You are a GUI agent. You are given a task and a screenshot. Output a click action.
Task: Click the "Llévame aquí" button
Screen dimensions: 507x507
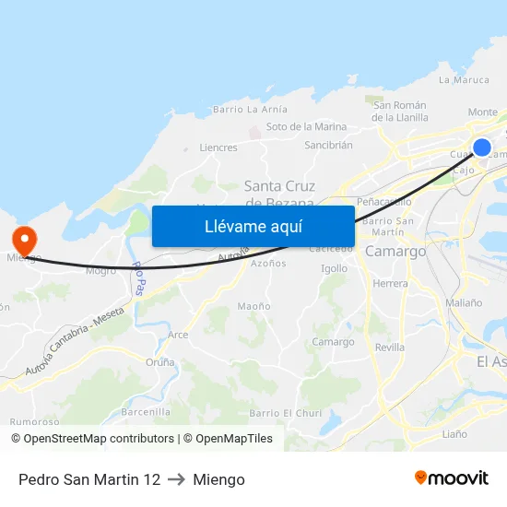pos(253,226)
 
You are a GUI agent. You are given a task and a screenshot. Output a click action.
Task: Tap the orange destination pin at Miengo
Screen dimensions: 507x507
pos(23,241)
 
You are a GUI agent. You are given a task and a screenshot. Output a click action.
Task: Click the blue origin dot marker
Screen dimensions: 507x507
pos(481,147)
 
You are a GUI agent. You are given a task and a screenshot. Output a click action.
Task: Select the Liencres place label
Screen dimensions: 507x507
pos(218,147)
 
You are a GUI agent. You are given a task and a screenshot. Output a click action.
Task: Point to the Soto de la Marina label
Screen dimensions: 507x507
pos(306,127)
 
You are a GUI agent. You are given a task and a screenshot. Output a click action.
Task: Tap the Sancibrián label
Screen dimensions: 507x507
pos(328,146)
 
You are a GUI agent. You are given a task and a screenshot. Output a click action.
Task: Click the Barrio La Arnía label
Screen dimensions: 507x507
pos(243,110)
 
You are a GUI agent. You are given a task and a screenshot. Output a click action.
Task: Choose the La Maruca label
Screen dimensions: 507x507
pos(464,80)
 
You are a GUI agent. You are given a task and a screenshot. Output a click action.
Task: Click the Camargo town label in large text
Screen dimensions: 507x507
pos(395,251)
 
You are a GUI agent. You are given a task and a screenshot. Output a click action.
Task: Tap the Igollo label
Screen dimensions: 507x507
pos(334,269)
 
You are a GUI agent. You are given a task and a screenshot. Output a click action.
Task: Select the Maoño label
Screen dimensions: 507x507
pos(253,306)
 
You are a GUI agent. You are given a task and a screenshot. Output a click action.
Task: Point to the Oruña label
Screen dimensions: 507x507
pos(159,362)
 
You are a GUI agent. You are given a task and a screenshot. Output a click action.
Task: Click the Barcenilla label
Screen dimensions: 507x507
pos(146,412)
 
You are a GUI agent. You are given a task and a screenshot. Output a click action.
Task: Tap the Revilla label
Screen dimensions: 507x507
pos(390,348)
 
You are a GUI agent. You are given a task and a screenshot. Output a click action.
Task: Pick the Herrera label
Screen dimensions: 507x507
pos(391,283)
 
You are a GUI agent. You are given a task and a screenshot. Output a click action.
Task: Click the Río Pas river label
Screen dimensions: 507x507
pos(138,277)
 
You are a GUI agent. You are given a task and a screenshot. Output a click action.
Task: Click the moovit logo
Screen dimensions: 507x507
pos(451,478)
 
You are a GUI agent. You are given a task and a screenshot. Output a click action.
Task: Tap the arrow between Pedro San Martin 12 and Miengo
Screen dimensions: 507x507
pos(176,479)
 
